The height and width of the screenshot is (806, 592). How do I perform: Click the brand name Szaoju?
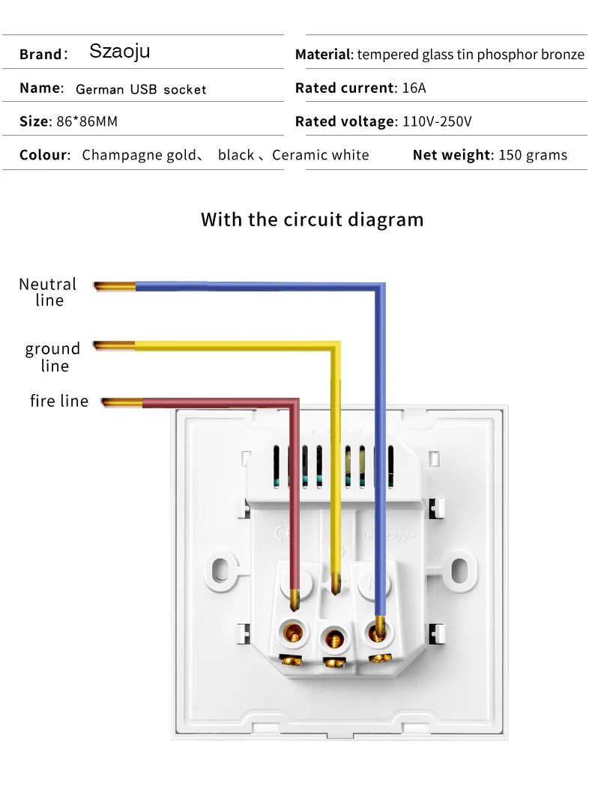click(x=120, y=51)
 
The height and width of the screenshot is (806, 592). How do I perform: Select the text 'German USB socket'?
click(x=141, y=89)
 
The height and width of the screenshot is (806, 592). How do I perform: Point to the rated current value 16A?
click(x=413, y=88)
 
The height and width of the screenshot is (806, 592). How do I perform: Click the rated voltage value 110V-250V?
click(x=436, y=121)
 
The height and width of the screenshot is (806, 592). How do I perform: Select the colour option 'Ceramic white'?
click(x=321, y=155)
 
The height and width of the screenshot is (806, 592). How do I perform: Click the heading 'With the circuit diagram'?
click(x=312, y=219)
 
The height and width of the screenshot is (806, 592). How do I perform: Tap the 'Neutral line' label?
click(x=48, y=292)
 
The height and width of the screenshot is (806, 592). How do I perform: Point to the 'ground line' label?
click(x=52, y=357)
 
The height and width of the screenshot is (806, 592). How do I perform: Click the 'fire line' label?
click(x=59, y=402)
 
